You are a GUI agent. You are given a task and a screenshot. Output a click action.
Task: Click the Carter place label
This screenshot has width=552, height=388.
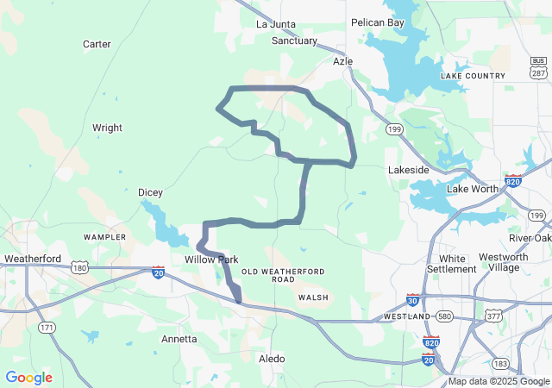click(x=97, y=44)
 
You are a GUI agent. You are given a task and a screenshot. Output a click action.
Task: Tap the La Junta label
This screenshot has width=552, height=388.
click(x=276, y=24)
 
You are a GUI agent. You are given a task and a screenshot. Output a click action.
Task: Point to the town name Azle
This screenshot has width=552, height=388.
click(x=343, y=62)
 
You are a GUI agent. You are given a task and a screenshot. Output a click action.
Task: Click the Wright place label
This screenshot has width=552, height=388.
click(x=107, y=128)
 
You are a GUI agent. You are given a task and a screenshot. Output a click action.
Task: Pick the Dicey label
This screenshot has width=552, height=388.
click(x=151, y=192)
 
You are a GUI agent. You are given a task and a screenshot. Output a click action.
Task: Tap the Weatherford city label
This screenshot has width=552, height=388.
click(x=32, y=259)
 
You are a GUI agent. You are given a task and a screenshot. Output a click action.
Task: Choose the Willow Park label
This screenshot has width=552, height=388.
click(x=211, y=259)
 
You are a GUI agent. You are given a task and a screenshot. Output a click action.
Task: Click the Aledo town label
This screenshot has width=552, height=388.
click(x=272, y=358)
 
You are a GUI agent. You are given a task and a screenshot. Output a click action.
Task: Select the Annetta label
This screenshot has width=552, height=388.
click(x=179, y=339)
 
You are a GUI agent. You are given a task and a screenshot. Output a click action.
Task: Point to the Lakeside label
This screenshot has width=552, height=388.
click(x=409, y=170)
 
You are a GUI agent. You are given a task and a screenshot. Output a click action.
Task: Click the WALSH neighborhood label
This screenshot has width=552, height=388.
click(x=313, y=297)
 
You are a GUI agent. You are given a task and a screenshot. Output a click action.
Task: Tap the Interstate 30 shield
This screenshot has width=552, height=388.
click(x=413, y=300)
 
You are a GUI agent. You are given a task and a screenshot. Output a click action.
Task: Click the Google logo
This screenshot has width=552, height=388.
click(x=28, y=378)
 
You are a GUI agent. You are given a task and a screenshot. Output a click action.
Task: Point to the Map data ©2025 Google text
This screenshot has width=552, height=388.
click(x=499, y=381)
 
